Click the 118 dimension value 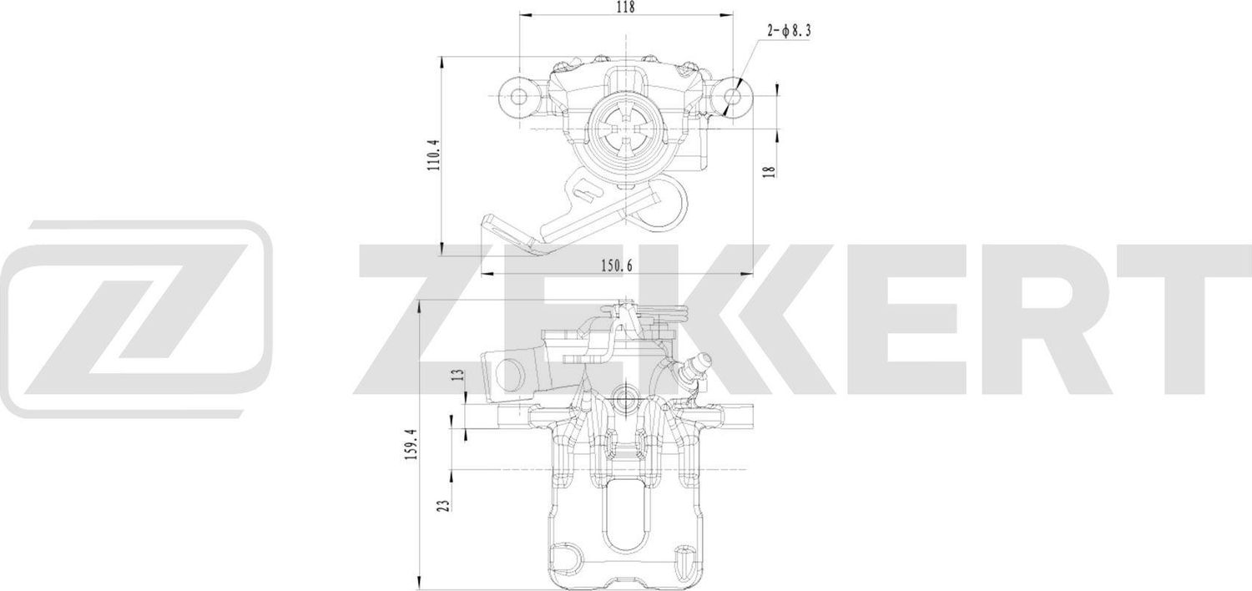(625, 8)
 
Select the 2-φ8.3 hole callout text (789, 32)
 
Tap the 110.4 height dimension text (432, 154)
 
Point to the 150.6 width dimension (618, 265)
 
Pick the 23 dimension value (443, 504)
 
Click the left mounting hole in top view (519, 97)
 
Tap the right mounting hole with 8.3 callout (732, 97)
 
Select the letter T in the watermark (1185, 319)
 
